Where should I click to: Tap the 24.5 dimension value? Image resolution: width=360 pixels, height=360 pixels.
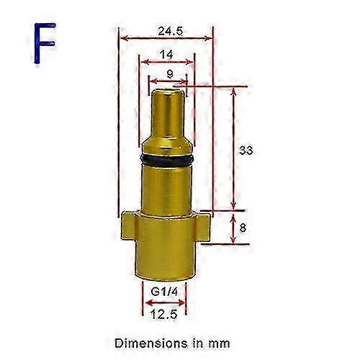point(166,31)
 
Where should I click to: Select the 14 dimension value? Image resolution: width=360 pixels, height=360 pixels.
point(166,53)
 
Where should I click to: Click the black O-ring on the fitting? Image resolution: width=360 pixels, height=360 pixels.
point(166,157)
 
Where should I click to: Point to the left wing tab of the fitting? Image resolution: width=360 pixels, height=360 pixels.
point(127,228)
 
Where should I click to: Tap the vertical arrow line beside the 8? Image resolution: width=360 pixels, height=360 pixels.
point(232,228)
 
